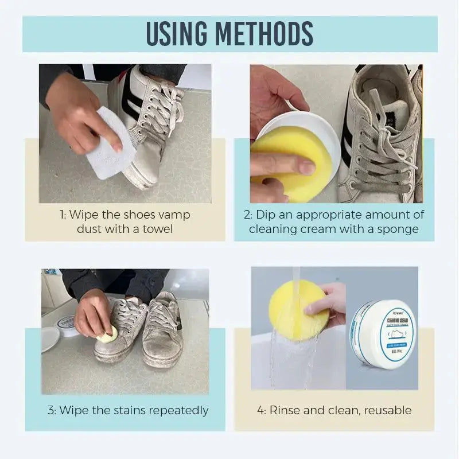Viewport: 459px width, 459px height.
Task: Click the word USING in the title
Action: [181, 34]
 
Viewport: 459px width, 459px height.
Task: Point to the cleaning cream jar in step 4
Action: [383, 334]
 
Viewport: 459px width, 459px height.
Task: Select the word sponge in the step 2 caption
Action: [399, 229]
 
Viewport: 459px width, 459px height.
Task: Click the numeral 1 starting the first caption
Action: [62, 215]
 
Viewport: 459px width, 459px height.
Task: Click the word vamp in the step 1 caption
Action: [174, 215]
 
